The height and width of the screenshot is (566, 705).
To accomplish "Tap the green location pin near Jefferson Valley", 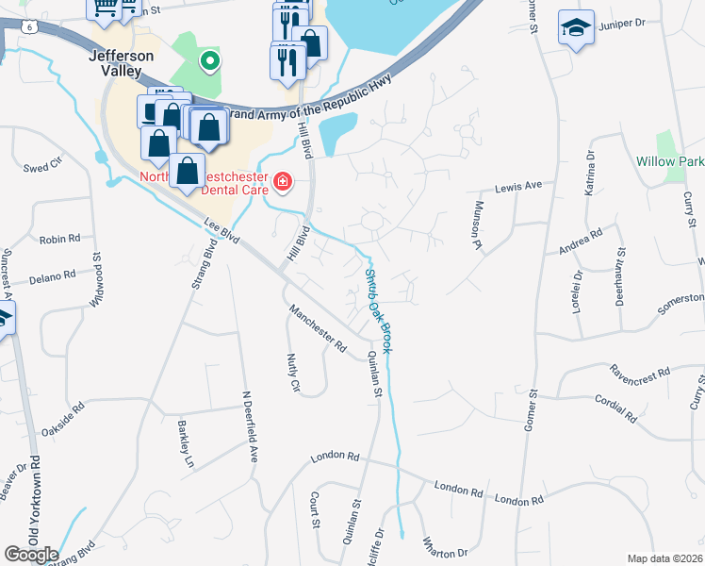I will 210,62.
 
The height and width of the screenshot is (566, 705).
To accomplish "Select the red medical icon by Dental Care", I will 281,180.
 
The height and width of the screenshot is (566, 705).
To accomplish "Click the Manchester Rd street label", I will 318,327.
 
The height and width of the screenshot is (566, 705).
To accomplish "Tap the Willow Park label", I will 669,161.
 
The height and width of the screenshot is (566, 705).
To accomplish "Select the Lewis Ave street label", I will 519,187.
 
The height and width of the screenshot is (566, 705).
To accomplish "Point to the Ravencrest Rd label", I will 639,370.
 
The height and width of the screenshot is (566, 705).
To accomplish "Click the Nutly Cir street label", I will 292,374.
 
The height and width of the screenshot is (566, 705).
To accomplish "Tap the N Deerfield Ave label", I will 249,425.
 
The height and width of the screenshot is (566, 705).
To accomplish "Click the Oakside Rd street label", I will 62,419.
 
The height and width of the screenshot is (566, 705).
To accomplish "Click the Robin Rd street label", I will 59,240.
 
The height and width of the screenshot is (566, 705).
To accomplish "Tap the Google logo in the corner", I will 31,555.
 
